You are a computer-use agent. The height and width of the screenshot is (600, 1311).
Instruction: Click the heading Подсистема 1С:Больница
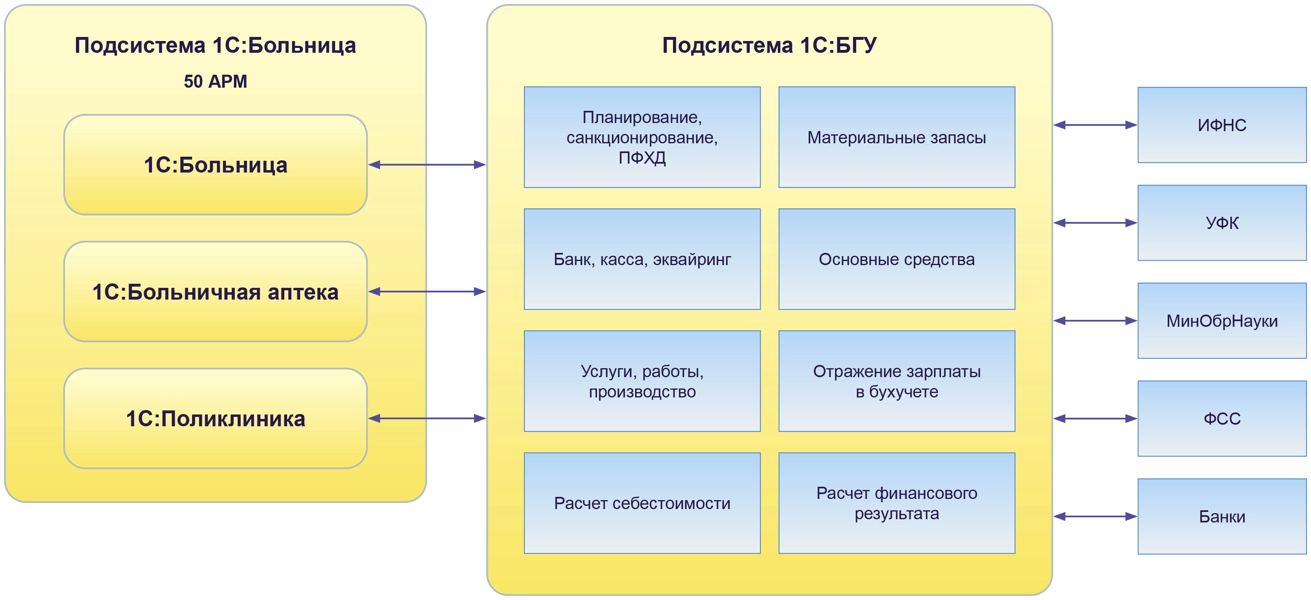click(x=215, y=45)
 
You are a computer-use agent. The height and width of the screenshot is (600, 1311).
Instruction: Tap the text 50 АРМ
click(x=215, y=82)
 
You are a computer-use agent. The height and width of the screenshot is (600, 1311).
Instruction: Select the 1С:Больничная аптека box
click(x=215, y=291)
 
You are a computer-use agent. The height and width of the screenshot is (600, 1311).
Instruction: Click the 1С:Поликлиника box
click(x=215, y=418)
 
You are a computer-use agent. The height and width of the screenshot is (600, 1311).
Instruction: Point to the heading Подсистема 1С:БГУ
click(x=769, y=45)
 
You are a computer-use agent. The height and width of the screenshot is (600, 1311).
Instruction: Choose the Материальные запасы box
click(x=897, y=137)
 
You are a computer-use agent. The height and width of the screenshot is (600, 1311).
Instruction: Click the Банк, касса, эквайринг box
click(x=642, y=259)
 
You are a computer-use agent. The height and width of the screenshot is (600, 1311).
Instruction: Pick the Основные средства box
click(x=897, y=259)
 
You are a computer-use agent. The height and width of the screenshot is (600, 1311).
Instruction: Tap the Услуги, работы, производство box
click(x=642, y=381)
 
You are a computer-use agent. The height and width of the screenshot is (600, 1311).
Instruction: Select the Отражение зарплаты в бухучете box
click(x=897, y=381)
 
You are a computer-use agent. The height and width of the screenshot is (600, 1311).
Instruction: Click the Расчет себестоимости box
click(x=642, y=503)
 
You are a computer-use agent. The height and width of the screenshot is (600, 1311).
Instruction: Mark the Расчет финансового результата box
click(x=897, y=503)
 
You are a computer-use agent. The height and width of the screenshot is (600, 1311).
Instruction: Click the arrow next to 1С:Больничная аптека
click(x=427, y=291)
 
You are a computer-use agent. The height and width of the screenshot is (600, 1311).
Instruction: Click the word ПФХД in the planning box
click(x=642, y=158)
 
